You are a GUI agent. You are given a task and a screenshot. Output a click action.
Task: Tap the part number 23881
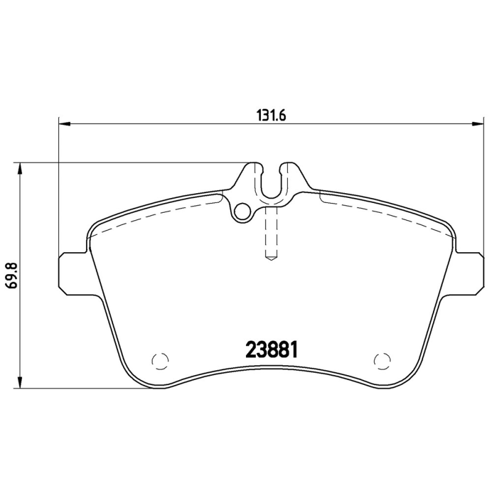point(272,349)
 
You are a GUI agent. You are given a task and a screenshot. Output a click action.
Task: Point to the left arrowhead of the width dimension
point(65,124)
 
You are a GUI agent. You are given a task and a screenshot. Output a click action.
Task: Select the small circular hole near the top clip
point(244,211)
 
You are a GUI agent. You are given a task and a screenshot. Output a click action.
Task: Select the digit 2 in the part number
point(252,349)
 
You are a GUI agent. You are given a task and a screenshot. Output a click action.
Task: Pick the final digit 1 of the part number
point(295,349)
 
